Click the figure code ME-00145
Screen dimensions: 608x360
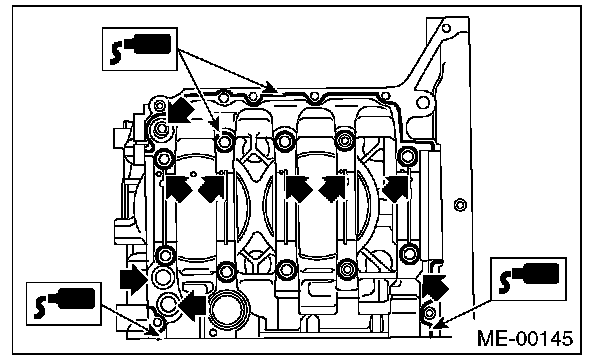(x=525, y=338)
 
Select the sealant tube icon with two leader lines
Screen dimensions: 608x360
(x=140, y=49)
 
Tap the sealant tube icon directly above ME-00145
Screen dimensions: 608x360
(x=528, y=278)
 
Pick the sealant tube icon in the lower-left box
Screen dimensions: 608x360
(x=64, y=303)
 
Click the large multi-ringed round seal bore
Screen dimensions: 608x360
(x=227, y=308)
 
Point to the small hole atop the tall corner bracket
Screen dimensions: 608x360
(x=446, y=28)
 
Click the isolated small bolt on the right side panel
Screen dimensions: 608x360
(x=460, y=204)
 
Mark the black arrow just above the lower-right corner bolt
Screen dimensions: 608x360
(x=435, y=286)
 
